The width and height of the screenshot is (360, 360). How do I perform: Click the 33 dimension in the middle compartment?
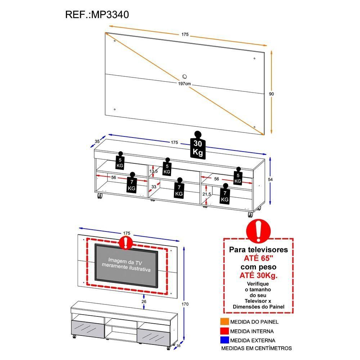pos(154,187)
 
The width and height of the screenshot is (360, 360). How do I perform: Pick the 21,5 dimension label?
pos(206,194)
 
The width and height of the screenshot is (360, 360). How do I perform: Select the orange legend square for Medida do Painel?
pos(224,322)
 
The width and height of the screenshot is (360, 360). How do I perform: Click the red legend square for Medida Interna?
pos(224,331)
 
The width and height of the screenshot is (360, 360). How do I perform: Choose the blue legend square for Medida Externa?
pos(224,340)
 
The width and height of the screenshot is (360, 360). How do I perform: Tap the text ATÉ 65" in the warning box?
pos(258,258)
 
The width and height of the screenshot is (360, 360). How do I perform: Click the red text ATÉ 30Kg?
pos(258,275)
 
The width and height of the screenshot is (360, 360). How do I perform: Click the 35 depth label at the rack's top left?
pos(97,141)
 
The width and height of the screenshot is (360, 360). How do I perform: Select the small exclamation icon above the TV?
pos(125,243)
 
